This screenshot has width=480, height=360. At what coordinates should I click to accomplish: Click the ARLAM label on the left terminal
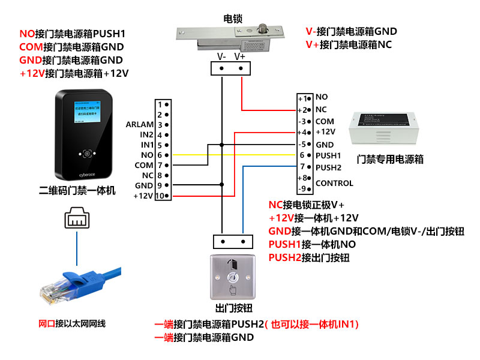click(139, 125)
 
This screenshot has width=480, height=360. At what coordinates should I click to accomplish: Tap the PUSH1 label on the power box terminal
click(328, 155)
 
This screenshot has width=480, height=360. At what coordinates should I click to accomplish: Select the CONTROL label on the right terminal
click(334, 183)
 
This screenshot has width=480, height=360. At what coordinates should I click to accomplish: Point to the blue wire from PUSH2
click(242, 198)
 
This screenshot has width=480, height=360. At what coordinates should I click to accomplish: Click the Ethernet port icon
click(77, 218)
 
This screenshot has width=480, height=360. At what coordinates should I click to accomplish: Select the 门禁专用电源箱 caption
click(390, 160)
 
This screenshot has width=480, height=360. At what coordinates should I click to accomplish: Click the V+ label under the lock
click(239, 56)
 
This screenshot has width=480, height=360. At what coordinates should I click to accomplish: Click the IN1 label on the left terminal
click(147, 145)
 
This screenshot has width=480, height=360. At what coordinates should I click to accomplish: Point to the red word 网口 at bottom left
click(46, 324)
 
